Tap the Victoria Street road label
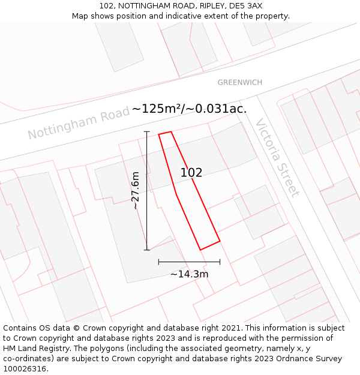click(x=277, y=158)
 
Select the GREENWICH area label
click(x=239, y=82)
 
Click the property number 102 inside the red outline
click(x=191, y=173)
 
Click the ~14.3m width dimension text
click(x=189, y=274)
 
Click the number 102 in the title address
click(x=107, y=6)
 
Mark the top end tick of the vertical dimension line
click(x=147, y=131)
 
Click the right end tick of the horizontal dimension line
click(x=220, y=262)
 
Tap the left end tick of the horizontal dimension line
click(x=158, y=262)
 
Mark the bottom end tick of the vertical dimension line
click(x=147, y=250)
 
